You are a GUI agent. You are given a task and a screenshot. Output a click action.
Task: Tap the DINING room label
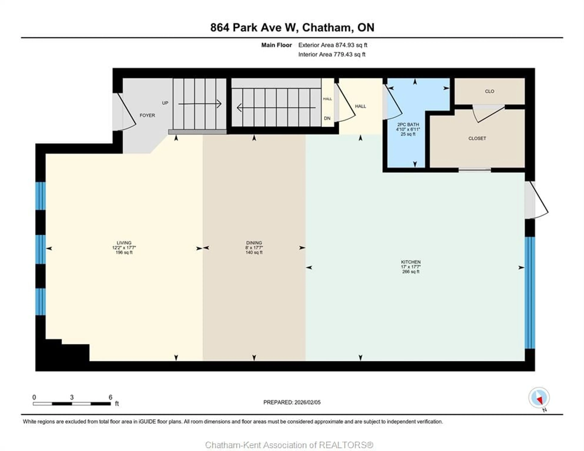254,243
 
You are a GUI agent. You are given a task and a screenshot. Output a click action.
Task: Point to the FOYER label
147,115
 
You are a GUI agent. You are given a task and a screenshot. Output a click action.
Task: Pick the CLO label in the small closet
489,91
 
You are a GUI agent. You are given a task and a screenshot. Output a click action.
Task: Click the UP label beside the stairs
165,103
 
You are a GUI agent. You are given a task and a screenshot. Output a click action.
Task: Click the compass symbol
539,397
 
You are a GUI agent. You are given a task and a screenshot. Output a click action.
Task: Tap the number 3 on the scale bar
72,397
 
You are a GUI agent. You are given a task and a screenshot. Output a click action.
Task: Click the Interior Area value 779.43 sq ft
349,55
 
